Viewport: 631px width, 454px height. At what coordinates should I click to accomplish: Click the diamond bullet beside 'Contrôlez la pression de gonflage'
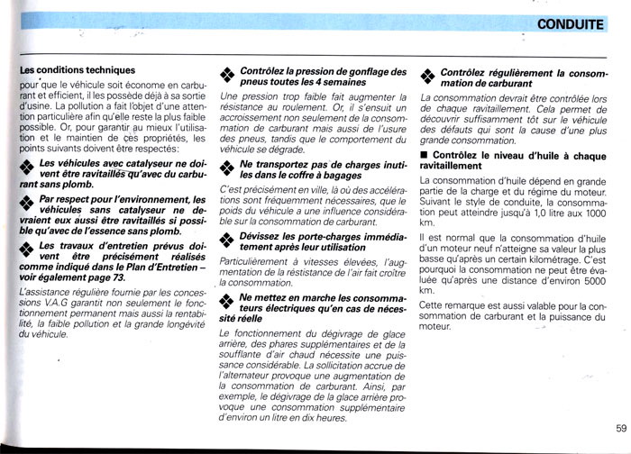[x=226, y=76]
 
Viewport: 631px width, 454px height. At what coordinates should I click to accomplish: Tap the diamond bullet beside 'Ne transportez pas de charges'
[x=226, y=171]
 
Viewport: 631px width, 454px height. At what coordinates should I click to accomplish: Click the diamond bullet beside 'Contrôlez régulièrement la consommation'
[x=426, y=76]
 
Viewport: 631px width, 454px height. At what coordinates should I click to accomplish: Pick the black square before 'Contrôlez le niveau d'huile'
[x=425, y=155]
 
